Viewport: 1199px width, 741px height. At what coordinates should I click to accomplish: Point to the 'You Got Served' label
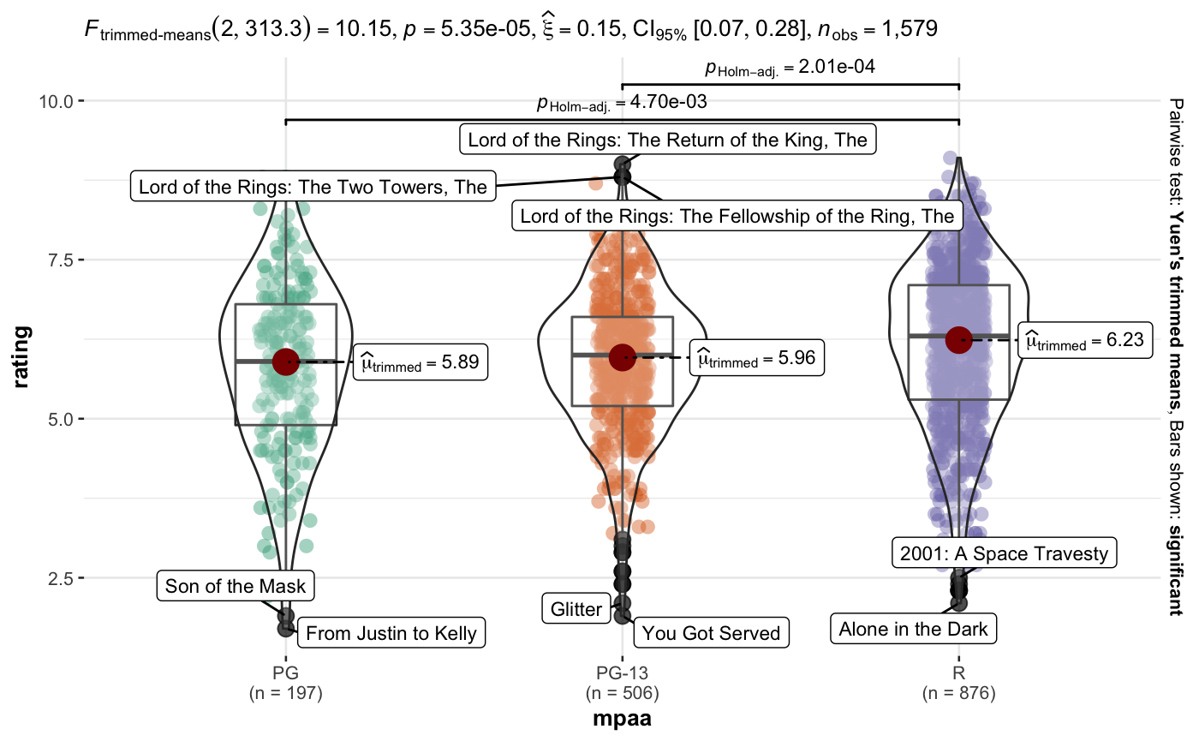(x=711, y=633)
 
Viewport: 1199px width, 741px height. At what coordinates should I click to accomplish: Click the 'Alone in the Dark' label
(x=913, y=630)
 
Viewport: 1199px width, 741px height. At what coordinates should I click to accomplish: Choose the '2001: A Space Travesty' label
(x=1004, y=553)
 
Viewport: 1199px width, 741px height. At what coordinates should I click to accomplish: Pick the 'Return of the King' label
(x=668, y=139)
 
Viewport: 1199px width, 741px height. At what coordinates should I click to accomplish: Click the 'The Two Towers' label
(x=313, y=185)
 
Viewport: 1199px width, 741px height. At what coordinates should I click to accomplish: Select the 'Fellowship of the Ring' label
(x=737, y=216)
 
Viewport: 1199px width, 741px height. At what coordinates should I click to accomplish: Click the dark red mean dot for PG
(x=285, y=362)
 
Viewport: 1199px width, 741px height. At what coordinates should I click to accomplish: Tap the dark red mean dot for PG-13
(x=622, y=357)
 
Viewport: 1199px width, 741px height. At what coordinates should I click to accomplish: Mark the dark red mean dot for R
(x=959, y=339)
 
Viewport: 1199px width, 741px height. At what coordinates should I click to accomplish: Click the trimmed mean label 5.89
(x=421, y=363)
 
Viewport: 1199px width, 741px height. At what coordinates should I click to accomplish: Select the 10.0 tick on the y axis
(x=57, y=101)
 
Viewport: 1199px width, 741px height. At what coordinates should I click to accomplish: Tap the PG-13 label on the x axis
(x=622, y=673)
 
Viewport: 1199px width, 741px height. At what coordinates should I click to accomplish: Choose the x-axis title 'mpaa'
(x=622, y=719)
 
